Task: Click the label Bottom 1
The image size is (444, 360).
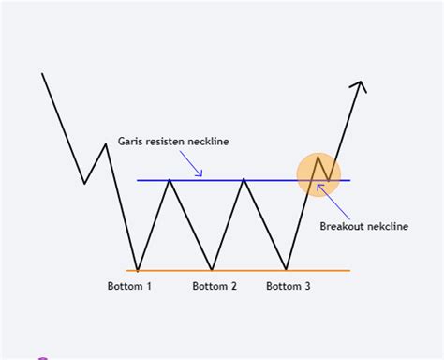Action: coord(129,286)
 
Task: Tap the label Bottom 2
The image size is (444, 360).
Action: coord(215,286)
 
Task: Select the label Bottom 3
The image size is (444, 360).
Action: coord(289,286)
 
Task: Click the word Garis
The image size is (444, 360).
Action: coord(131,142)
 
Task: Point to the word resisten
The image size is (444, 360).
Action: coord(169,142)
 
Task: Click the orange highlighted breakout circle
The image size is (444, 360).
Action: coord(318,174)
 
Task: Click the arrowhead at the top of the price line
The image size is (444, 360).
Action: coord(360,85)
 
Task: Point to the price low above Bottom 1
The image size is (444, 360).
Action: coord(138,270)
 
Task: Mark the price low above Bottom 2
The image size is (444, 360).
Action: coord(213,270)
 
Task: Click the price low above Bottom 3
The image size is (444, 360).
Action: coord(287,270)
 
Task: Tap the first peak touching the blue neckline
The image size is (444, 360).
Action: coord(170,180)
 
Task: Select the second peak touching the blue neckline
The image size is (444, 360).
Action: coord(244,180)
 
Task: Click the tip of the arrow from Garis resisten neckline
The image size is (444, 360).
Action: coord(201,175)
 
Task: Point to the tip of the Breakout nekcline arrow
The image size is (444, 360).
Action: coord(318,185)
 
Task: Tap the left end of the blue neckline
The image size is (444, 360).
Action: coord(138,180)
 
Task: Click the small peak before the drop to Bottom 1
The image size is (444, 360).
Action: coord(105,143)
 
